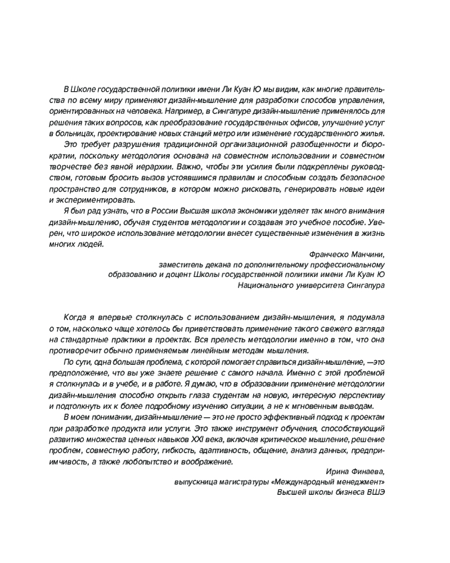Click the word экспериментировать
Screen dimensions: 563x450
(96, 200)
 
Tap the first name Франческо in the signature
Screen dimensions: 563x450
(331, 254)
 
